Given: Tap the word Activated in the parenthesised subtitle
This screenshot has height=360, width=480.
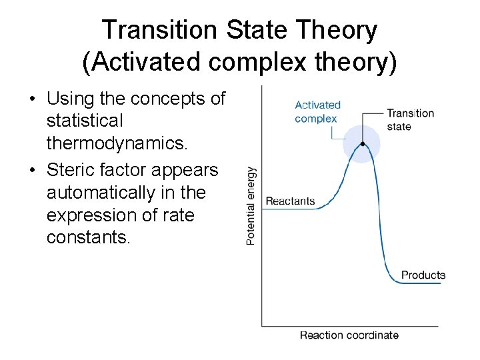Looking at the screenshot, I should [x=138, y=62].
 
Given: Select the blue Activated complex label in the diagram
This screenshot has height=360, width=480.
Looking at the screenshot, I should [x=317, y=112].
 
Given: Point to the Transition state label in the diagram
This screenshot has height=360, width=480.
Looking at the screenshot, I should [x=410, y=120].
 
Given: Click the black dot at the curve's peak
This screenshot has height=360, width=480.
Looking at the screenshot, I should [x=362, y=144].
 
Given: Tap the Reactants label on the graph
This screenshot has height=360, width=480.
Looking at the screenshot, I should [x=290, y=201].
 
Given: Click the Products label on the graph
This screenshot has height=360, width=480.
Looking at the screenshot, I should [x=423, y=275].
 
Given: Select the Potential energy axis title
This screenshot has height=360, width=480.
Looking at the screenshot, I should [x=251, y=205].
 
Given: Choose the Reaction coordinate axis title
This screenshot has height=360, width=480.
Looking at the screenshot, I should [x=349, y=335].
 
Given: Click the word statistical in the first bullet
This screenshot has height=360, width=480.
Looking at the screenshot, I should [x=85, y=121].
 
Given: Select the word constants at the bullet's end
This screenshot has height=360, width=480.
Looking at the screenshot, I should [x=87, y=237].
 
